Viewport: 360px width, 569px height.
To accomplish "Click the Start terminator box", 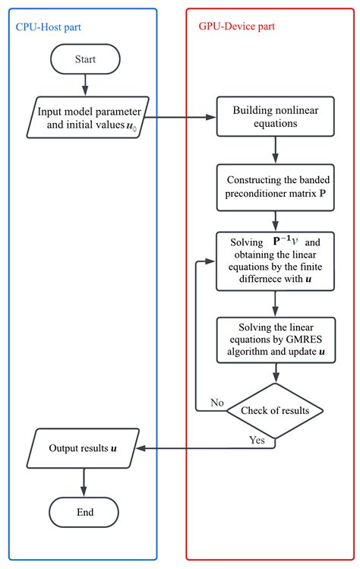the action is [85, 59].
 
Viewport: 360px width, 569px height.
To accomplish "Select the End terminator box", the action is [84, 512].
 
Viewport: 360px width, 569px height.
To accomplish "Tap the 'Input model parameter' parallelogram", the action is [88, 117].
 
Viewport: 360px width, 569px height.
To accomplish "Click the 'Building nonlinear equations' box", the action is [276, 116].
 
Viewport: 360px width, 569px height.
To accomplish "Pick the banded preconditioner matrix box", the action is [276, 187].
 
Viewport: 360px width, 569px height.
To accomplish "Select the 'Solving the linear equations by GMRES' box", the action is [276, 340].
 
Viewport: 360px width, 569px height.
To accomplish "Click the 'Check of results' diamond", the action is [275, 411].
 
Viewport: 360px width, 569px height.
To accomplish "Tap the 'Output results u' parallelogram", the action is [83, 448].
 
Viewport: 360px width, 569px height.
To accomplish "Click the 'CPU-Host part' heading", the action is [49, 27].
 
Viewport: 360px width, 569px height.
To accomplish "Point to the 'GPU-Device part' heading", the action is [237, 27].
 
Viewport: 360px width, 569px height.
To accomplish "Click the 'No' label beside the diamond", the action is [217, 403].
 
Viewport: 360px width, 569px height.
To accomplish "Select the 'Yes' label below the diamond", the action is [257, 440].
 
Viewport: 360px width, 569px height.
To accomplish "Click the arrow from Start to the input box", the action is [85, 85].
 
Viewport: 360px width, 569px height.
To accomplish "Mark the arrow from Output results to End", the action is [84, 482].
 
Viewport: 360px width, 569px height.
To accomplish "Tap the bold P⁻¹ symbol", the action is [282, 241].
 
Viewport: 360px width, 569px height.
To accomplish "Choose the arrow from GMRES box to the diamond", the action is [276, 373].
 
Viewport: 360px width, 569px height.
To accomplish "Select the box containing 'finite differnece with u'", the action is [275, 261].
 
